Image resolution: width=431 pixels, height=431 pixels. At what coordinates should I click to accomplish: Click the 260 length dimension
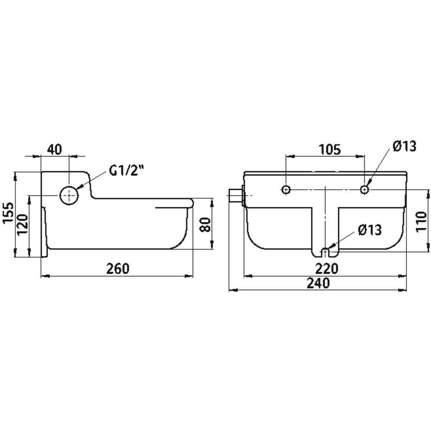pyautogui.click(x=118, y=269)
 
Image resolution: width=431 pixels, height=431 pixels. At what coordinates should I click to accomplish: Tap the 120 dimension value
pyautogui.click(x=23, y=225)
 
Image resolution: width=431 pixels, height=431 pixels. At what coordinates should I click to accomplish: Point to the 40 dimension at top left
pyautogui.click(x=55, y=150)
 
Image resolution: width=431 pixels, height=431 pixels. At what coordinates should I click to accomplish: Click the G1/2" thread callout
pyautogui.click(x=127, y=171)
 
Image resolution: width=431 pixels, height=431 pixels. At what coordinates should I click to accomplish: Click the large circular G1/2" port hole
pyautogui.click(x=69, y=195)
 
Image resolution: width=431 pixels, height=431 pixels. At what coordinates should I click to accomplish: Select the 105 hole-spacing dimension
pyautogui.click(x=330, y=150)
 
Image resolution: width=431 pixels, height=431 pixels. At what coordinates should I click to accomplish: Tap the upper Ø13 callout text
pyautogui.click(x=404, y=146)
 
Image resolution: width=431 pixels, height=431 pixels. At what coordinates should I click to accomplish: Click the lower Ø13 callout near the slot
pyautogui.click(x=370, y=230)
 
